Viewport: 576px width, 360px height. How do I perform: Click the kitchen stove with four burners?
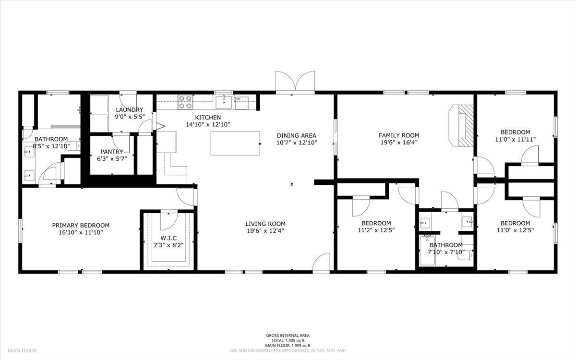tap(185, 102)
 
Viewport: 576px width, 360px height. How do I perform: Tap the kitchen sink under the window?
tap(224, 102)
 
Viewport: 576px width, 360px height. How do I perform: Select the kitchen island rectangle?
tap(235, 143)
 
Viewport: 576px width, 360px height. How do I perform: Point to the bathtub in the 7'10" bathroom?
tap(427, 251)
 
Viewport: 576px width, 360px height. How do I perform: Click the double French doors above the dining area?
tap(295, 82)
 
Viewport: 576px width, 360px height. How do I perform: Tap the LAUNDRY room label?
tap(129, 110)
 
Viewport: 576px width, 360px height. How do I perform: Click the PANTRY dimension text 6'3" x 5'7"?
tap(112, 159)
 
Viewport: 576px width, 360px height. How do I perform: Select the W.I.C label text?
tap(168, 238)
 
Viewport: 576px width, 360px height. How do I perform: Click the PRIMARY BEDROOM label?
tap(81, 225)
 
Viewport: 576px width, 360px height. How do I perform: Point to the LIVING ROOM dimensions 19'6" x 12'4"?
tap(265, 231)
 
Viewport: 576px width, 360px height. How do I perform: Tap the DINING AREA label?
tap(297, 135)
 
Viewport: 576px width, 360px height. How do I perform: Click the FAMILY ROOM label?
tap(399, 135)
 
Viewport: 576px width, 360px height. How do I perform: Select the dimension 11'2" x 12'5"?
tap(376, 230)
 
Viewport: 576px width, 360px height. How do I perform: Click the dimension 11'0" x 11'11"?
tap(516, 139)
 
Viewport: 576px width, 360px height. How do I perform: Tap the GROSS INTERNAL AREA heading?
tap(288, 336)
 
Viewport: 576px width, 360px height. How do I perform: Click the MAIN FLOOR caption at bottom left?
tap(22, 350)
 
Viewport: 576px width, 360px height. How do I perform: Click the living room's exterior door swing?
tap(321, 262)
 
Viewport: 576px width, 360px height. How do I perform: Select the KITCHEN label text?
tap(208, 118)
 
